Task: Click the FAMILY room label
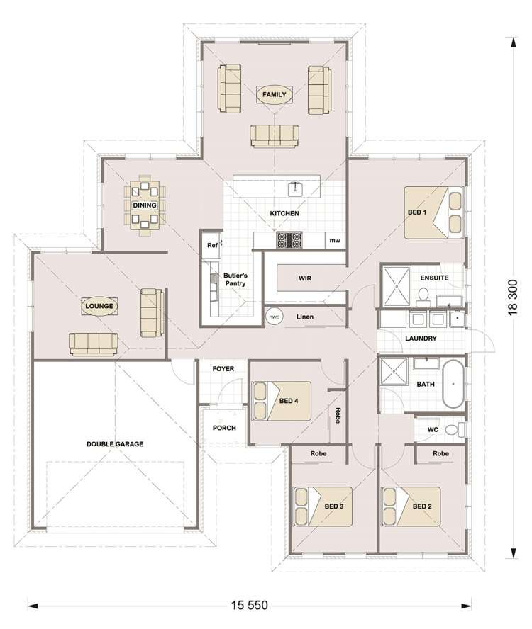point(274,94)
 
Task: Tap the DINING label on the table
point(144,205)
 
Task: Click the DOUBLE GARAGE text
point(115,444)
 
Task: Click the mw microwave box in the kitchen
point(333,242)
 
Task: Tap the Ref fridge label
point(211,246)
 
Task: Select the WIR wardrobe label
point(305,278)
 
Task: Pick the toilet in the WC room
point(460,429)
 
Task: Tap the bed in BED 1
point(433,211)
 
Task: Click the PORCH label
point(224,428)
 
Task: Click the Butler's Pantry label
point(235,279)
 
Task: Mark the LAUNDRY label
point(421,339)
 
